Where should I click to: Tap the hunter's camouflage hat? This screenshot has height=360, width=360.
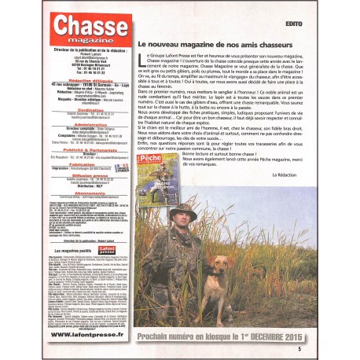[187, 212]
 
